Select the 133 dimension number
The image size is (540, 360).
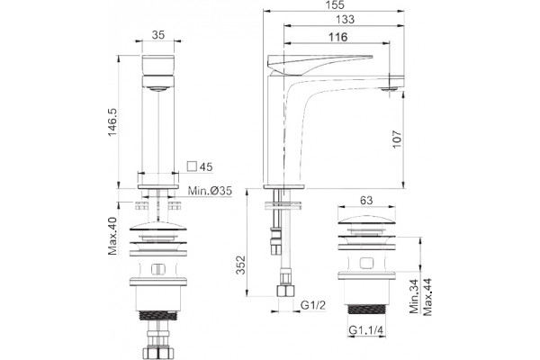point(345,19)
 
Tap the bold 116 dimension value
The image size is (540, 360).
point(337,37)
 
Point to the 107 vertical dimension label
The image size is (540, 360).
point(397,139)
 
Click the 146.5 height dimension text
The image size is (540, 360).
point(113,122)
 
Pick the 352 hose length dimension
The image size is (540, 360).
point(240,265)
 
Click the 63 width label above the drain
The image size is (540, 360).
point(365,200)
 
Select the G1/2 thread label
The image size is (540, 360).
point(312,305)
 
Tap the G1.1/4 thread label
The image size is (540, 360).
point(365,329)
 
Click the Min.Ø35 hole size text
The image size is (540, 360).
point(210,191)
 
